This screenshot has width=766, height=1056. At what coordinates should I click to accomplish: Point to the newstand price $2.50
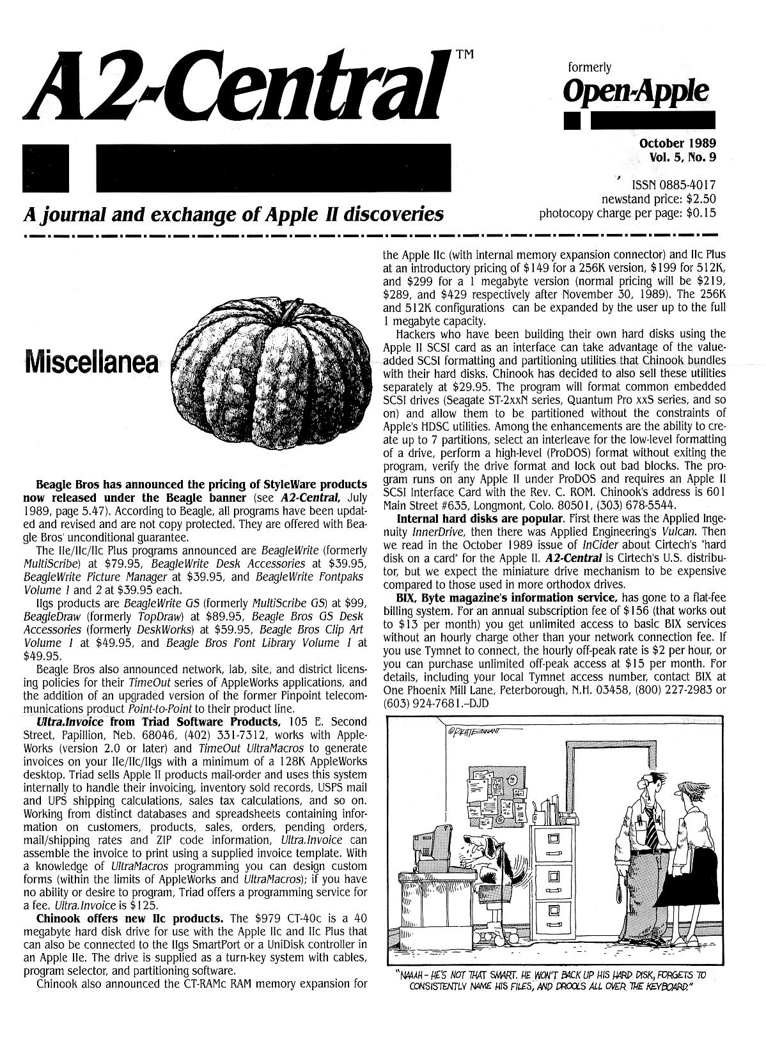pyautogui.click(x=698, y=198)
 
